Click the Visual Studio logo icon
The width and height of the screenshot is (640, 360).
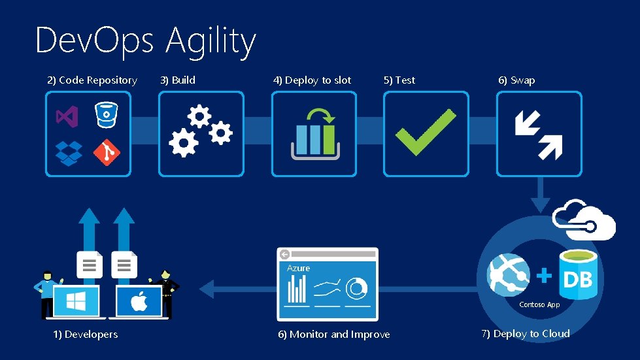[x=67, y=117]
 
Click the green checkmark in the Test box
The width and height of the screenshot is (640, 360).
[x=426, y=133]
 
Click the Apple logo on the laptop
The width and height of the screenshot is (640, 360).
[x=139, y=303]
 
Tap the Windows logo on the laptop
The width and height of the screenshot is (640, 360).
[x=76, y=302]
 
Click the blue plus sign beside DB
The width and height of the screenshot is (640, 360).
[x=543, y=276]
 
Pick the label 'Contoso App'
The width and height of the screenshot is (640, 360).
[x=539, y=304]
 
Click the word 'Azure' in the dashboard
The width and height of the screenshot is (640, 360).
[x=298, y=268]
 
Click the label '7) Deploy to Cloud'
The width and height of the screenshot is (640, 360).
[x=526, y=334]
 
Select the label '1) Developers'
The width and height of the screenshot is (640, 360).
[x=86, y=335]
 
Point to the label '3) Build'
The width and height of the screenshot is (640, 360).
[x=178, y=80]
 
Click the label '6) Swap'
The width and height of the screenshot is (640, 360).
[x=516, y=80]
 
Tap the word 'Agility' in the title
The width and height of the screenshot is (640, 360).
[x=211, y=41]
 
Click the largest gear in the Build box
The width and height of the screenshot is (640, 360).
[x=183, y=142]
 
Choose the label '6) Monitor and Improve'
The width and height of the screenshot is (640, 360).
[x=334, y=335]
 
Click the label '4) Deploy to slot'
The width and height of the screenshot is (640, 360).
[x=312, y=80]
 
